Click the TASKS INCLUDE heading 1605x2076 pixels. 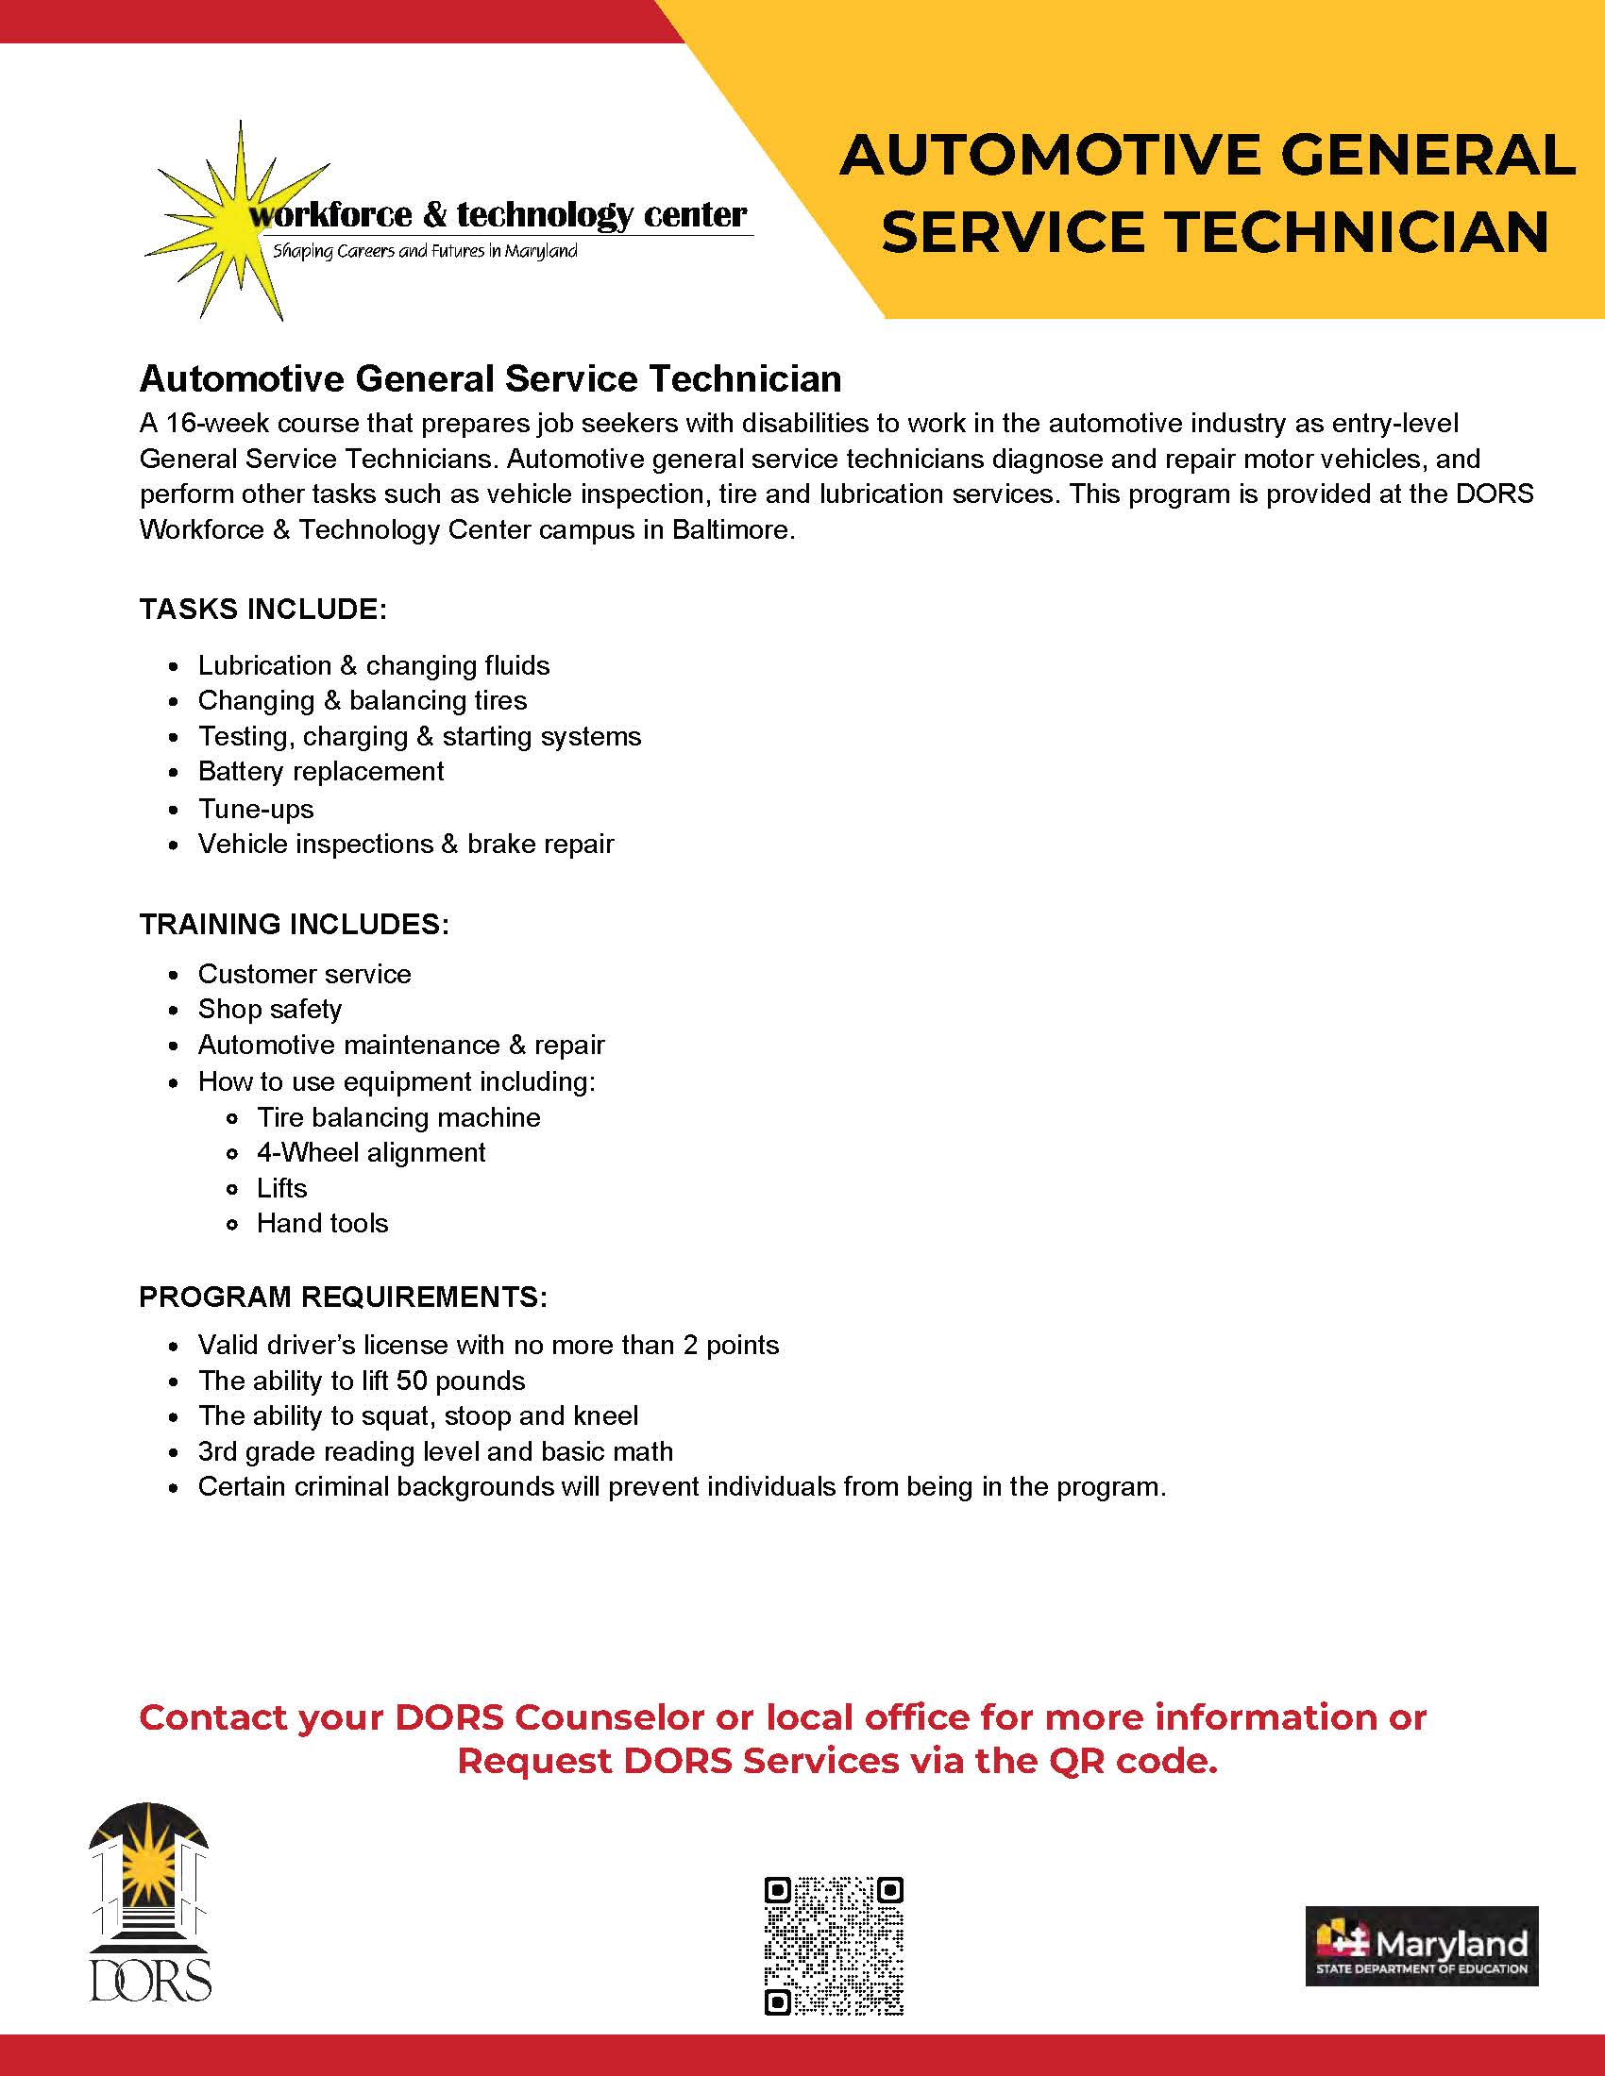[x=262, y=609]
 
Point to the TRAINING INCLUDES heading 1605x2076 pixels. [x=294, y=924]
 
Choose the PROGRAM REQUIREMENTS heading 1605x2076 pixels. [x=344, y=1297]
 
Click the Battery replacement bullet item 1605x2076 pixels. [x=320, y=771]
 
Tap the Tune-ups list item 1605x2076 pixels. [x=255, y=809]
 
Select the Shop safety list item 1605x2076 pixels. [x=269, y=1009]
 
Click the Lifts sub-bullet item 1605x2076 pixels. [x=281, y=1188]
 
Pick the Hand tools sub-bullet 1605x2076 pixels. [x=322, y=1223]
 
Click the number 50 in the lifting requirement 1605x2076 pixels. [x=412, y=1381]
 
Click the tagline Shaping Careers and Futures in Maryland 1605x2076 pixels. [x=425, y=252]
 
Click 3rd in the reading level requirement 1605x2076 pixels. [x=217, y=1451]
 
